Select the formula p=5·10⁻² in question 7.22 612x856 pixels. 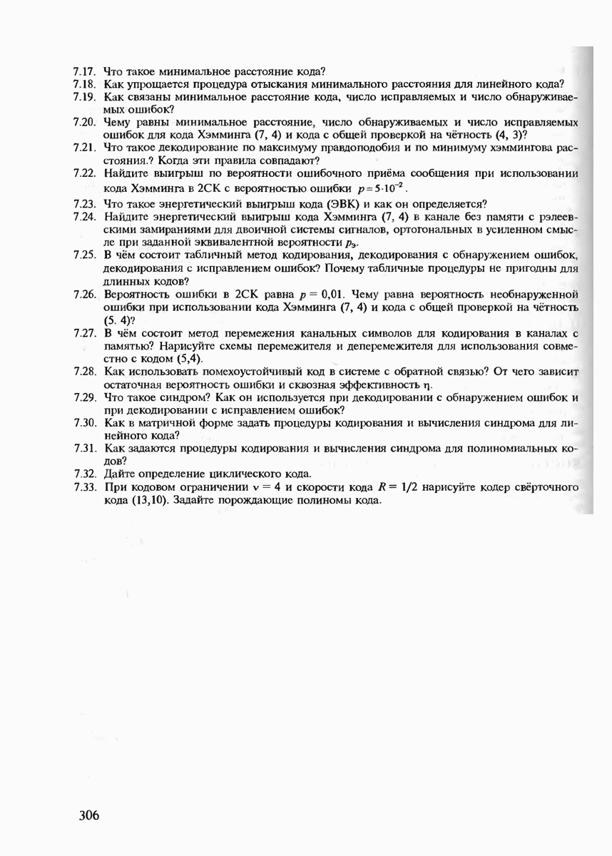click(380, 188)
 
